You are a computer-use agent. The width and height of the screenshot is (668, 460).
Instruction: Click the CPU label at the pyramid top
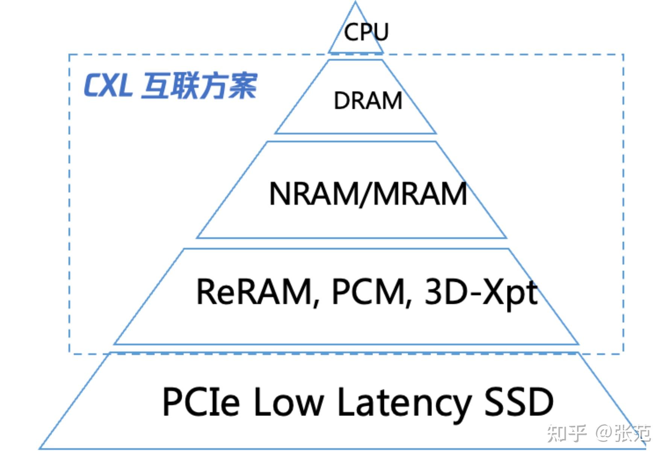366,32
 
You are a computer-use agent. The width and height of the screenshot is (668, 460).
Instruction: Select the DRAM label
368,101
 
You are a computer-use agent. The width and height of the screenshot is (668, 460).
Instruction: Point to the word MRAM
420,194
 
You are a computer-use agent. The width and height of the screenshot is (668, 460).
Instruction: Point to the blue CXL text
108,86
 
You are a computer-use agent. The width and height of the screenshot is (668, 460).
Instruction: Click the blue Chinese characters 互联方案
199,86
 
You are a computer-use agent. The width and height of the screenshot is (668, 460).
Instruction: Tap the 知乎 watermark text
566,433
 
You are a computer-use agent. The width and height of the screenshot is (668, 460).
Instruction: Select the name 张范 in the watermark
633,433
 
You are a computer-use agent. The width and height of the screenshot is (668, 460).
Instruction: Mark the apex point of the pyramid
355,2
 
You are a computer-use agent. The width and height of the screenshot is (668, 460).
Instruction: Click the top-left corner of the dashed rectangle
69,55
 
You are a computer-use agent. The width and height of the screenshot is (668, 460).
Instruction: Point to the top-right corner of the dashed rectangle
623,55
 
